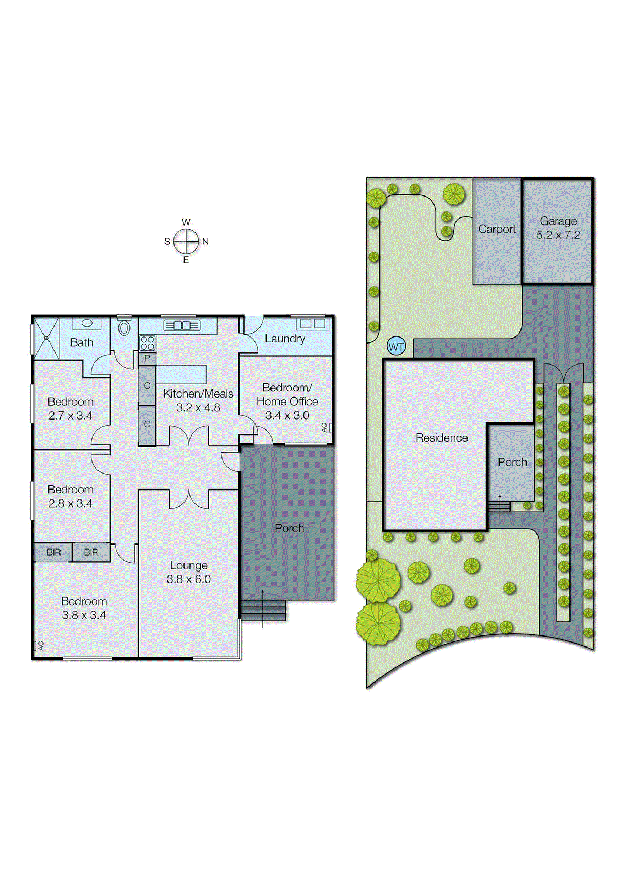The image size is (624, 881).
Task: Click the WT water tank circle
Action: point(397,347)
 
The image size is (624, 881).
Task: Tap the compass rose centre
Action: point(186,241)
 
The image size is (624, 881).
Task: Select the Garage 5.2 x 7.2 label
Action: point(558,228)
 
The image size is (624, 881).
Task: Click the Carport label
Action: point(497,229)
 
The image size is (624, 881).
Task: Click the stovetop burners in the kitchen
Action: point(147,343)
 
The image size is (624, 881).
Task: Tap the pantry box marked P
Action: point(147,358)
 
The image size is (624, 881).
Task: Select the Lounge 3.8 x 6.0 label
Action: point(188,572)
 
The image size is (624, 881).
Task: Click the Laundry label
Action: point(285,339)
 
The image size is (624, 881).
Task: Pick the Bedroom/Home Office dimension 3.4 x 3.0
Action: point(287,415)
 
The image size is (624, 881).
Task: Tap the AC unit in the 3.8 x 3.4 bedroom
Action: point(39,646)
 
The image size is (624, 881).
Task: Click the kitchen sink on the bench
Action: point(182,325)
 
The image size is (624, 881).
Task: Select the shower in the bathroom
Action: point(46,338)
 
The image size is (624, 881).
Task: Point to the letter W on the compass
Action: point(186,222)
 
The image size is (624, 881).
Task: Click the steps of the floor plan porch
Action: point(263,610)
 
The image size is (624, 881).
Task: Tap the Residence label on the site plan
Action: point(442,438)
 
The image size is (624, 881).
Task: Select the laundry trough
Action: point(312,323)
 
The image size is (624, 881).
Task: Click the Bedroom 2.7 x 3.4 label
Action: point(70,409)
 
